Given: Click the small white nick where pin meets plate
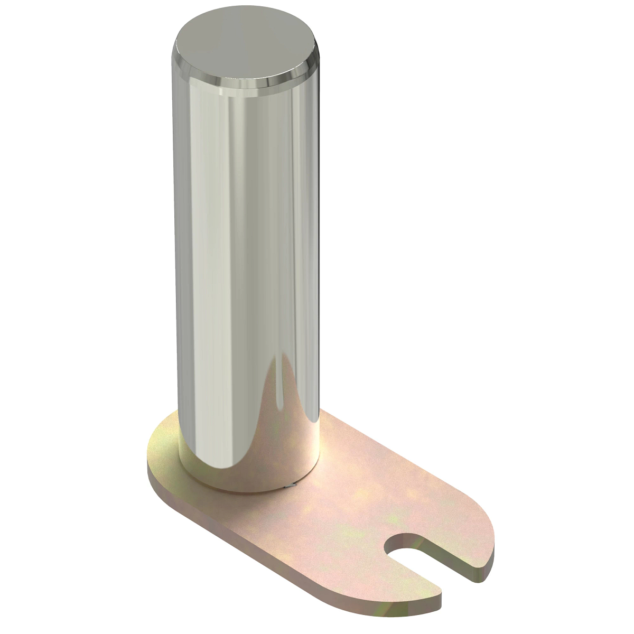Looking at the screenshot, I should click(288, 486).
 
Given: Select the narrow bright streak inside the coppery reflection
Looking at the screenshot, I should click(275, 402).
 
